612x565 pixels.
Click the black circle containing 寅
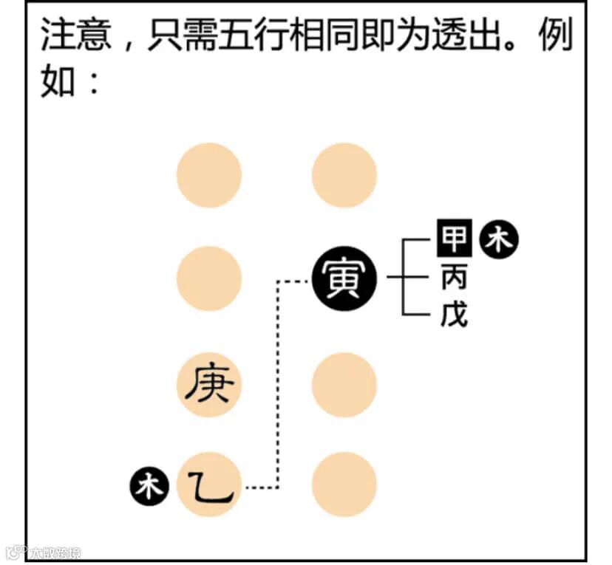[344, 279]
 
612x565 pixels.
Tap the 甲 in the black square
[453, 239]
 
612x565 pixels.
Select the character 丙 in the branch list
[453, 278]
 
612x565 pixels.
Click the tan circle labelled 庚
[209, 385]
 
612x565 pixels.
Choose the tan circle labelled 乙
[209, 485]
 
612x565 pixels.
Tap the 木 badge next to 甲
[500, 240]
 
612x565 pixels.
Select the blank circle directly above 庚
[209, 279]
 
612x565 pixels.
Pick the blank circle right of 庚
[344, 385]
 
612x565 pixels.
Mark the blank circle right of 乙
[344, 485]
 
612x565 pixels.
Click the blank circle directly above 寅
[344, 175]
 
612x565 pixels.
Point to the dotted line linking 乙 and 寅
[277, 384]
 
